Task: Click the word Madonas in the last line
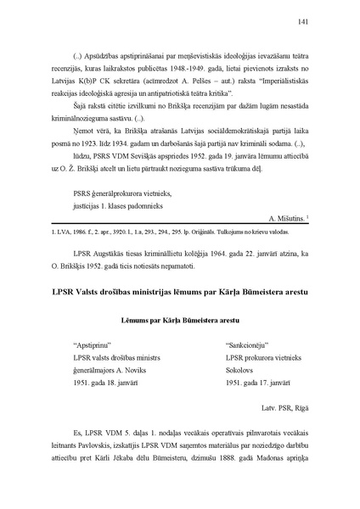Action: click(260, 464)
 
